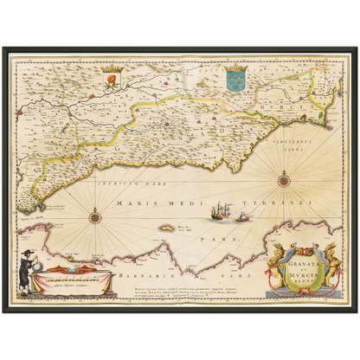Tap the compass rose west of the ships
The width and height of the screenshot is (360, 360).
coord(94,216)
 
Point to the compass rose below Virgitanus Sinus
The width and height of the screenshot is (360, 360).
coord(284,180)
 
